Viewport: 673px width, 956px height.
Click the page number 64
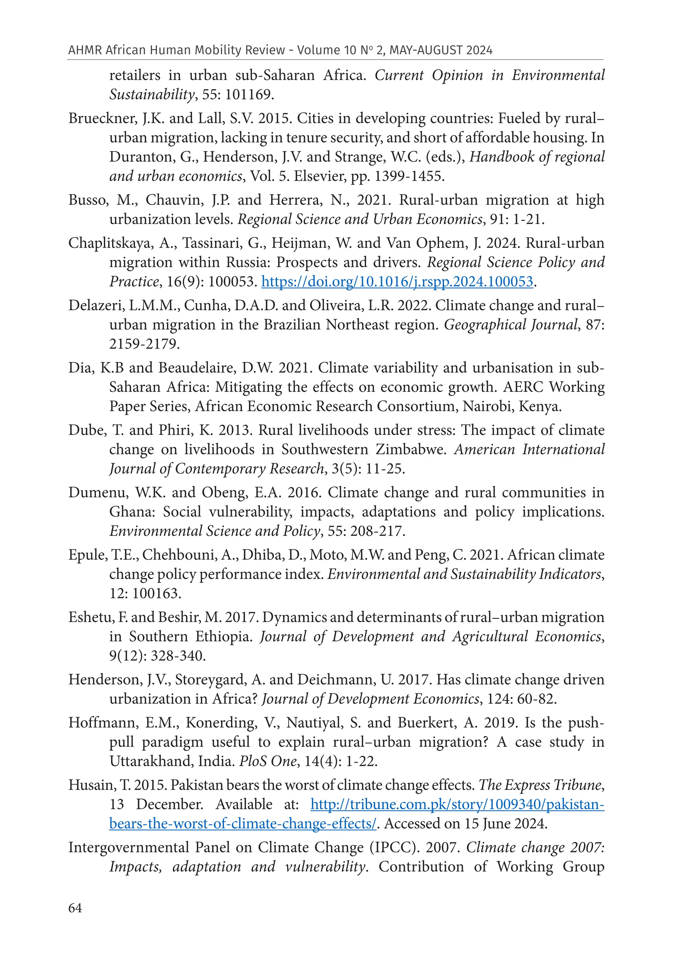75,908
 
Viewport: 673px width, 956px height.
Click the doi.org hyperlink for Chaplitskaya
397,282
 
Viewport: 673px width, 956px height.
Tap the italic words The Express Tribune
540,785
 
